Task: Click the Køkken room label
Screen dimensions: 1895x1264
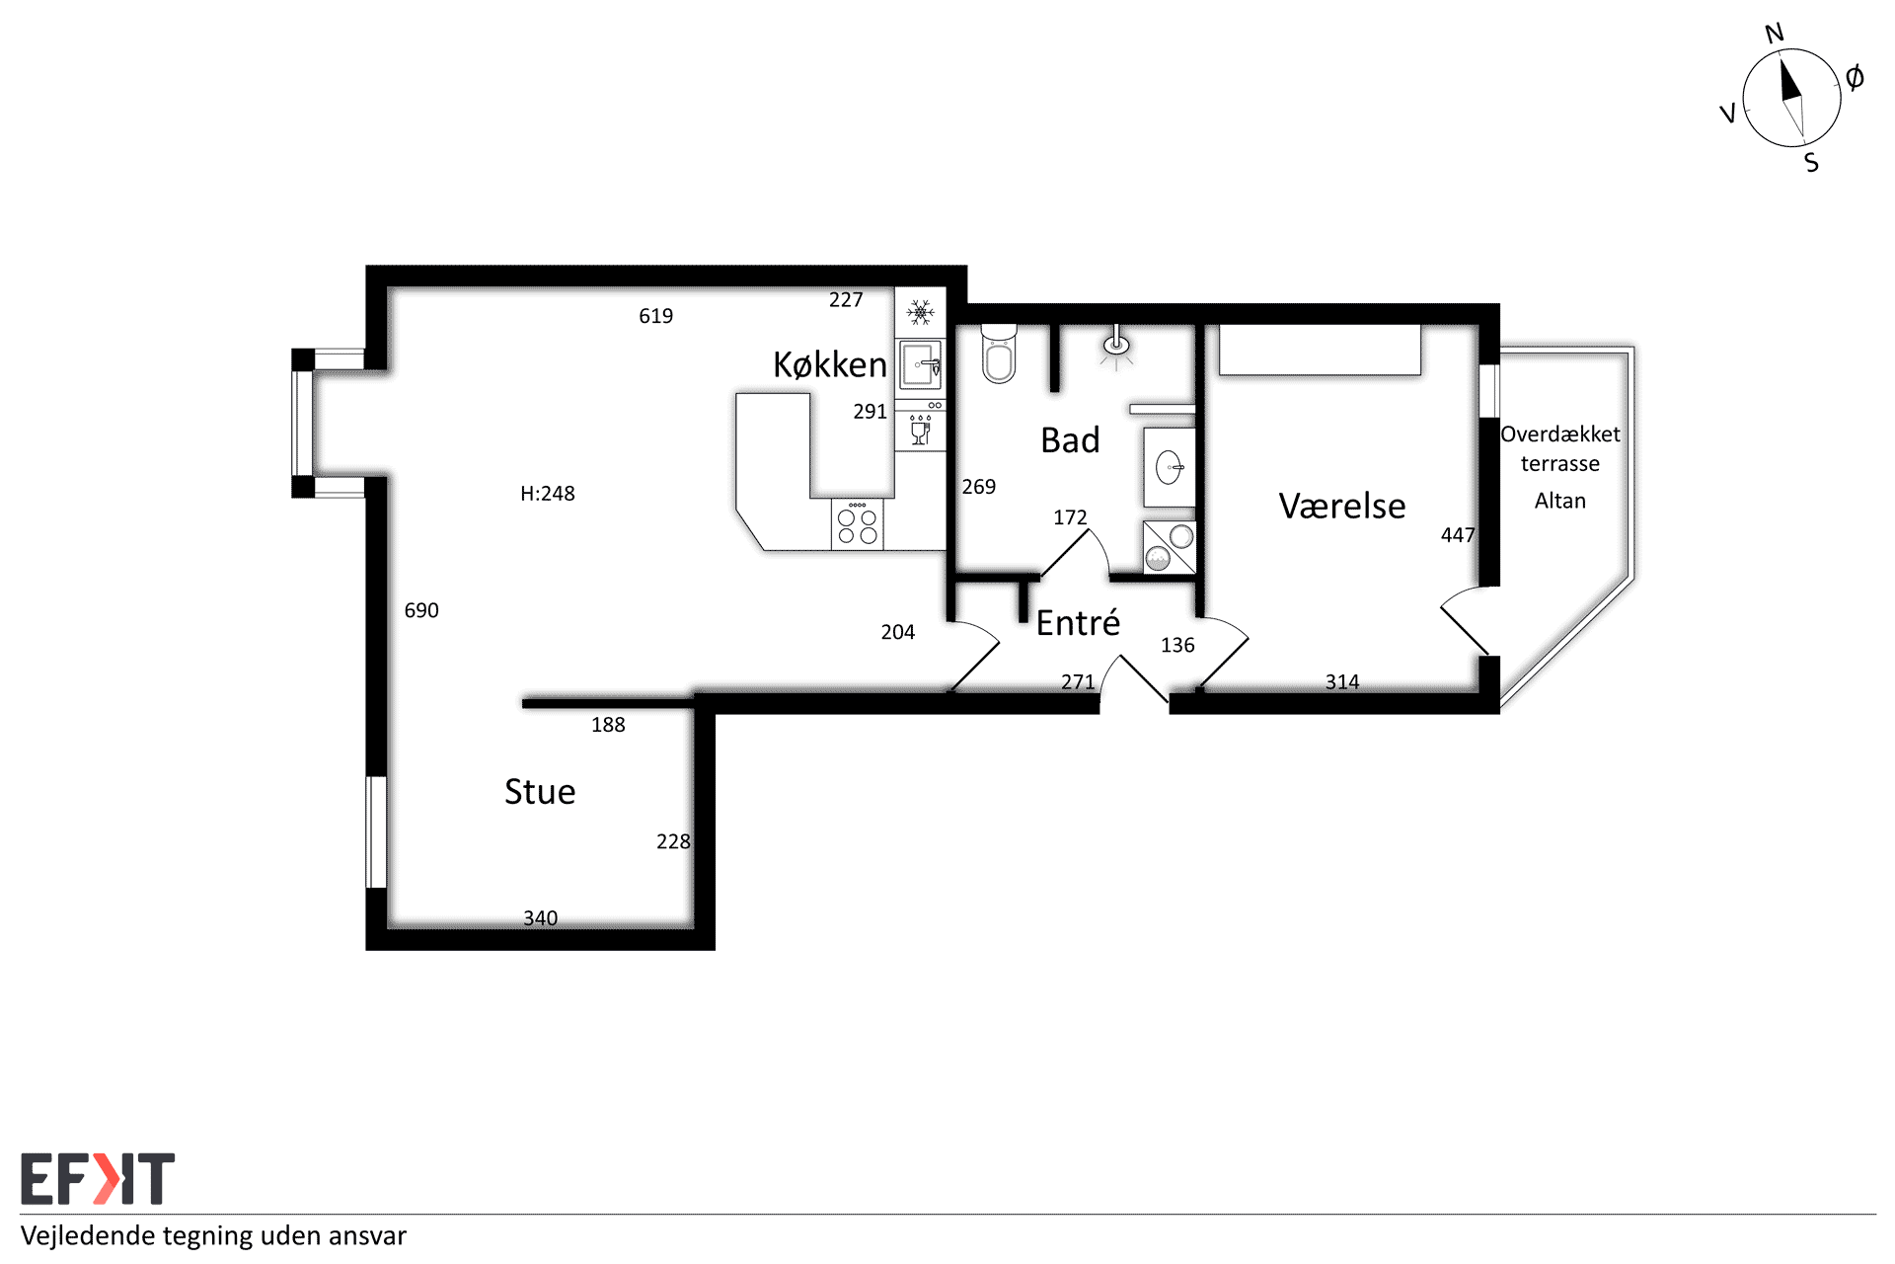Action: point(829,364)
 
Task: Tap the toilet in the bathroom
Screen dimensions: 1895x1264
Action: point(999,354)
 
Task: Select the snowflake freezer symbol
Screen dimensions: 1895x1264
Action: point(921,313)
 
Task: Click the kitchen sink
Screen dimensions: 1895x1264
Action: point(921,365)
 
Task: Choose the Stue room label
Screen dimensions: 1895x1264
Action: point(540,792)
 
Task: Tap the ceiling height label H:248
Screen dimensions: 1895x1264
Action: point(548,493)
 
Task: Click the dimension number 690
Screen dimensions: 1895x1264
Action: point(421,610)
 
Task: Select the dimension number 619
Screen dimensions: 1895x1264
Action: point(656,316)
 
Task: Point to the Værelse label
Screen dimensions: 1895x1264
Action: point(1342,506)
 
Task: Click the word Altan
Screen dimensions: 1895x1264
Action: point(1560,501)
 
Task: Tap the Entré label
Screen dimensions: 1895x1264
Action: point(1078,622)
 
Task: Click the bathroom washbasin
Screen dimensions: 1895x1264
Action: point(1170,467)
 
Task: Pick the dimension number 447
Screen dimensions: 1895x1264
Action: point(1458,535)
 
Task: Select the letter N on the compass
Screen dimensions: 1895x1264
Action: point(1775,34)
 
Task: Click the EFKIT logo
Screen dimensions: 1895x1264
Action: point(98,1178)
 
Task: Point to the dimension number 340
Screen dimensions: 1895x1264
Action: point(541,918)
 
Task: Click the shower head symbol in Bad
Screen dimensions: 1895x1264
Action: point(1116,346)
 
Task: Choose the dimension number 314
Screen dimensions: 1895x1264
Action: point(1342,681)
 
